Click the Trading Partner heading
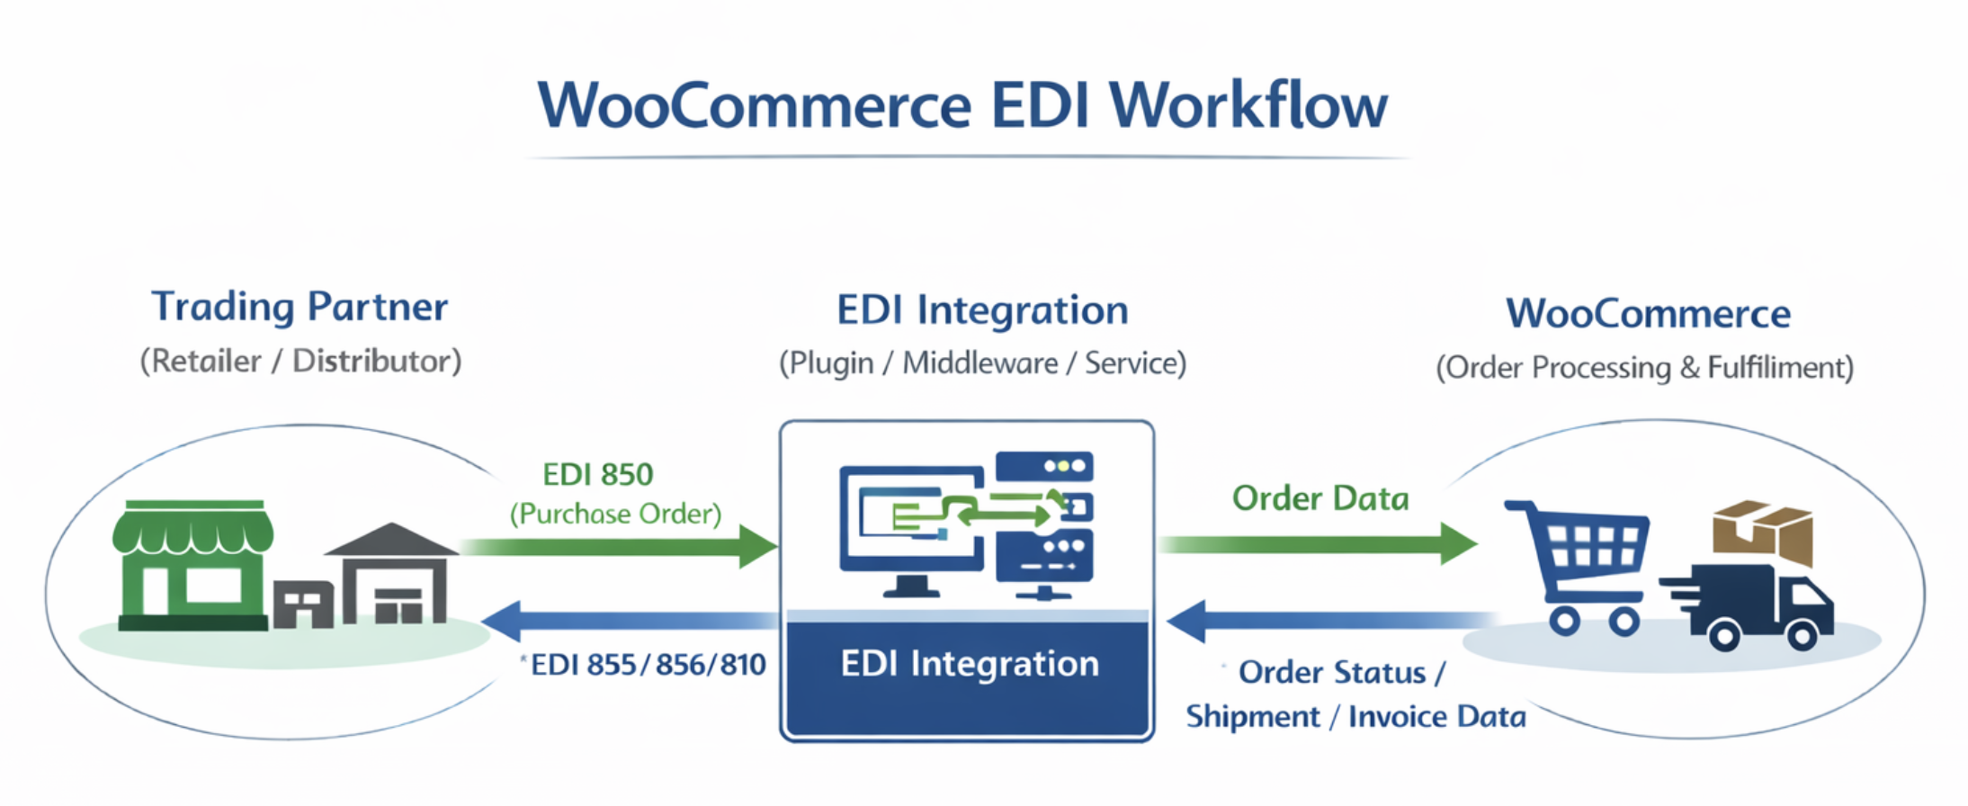(300, 307)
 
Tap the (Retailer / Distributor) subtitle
(300, 362)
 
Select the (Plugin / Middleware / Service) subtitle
(982, 363)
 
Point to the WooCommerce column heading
(1648, 314)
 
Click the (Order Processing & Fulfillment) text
(1644, 368)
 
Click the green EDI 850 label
(597, 474)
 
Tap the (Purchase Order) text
(615, 514)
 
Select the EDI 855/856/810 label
(648, 665)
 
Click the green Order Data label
(1319, 498)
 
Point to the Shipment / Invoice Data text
(1355, 717)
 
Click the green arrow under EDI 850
(621, 546)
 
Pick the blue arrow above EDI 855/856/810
(630, 620)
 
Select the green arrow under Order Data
(1318, 543)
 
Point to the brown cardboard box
(1763, 531)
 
